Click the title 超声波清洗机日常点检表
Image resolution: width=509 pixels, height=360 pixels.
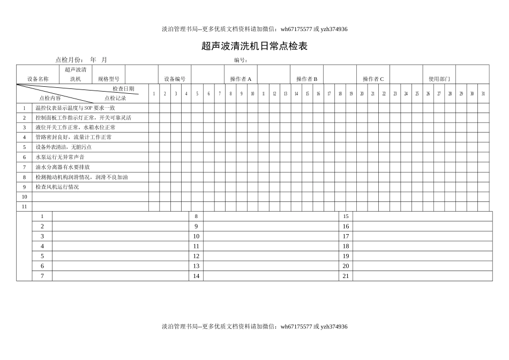tap(254, 47)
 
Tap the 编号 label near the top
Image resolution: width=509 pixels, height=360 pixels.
tap(241, 60)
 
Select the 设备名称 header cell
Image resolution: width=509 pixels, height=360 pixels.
tap(38, 79)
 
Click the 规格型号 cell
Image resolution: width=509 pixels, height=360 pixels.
tap(109, 79)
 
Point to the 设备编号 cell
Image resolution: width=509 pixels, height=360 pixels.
tap(175, 79)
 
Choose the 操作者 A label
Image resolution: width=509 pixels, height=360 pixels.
tap(241, 79)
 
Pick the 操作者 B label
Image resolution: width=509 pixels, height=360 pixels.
tap(306, 79)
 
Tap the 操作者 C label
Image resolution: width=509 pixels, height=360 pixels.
tap(373, 79)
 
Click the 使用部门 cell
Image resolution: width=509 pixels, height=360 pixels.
tap(439, 79)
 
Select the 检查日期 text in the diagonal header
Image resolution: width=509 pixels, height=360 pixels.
tap(123, 88)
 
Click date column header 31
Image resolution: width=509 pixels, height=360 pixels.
tap(483, 94)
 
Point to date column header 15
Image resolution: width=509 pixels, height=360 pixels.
tap(307, 94)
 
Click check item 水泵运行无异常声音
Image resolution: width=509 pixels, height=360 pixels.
tap(60, 157)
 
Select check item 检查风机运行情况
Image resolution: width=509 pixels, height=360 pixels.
tap(57, 187)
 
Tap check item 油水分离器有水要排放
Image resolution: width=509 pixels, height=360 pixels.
tap(63, 167)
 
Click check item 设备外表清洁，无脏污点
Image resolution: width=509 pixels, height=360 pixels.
tap(63, 147)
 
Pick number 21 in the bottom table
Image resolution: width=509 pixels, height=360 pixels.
tap(346, 276)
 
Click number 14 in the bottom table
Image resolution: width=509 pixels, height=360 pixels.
tap(196, 276)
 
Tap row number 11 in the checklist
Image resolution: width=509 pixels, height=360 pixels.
tap(24, 206)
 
